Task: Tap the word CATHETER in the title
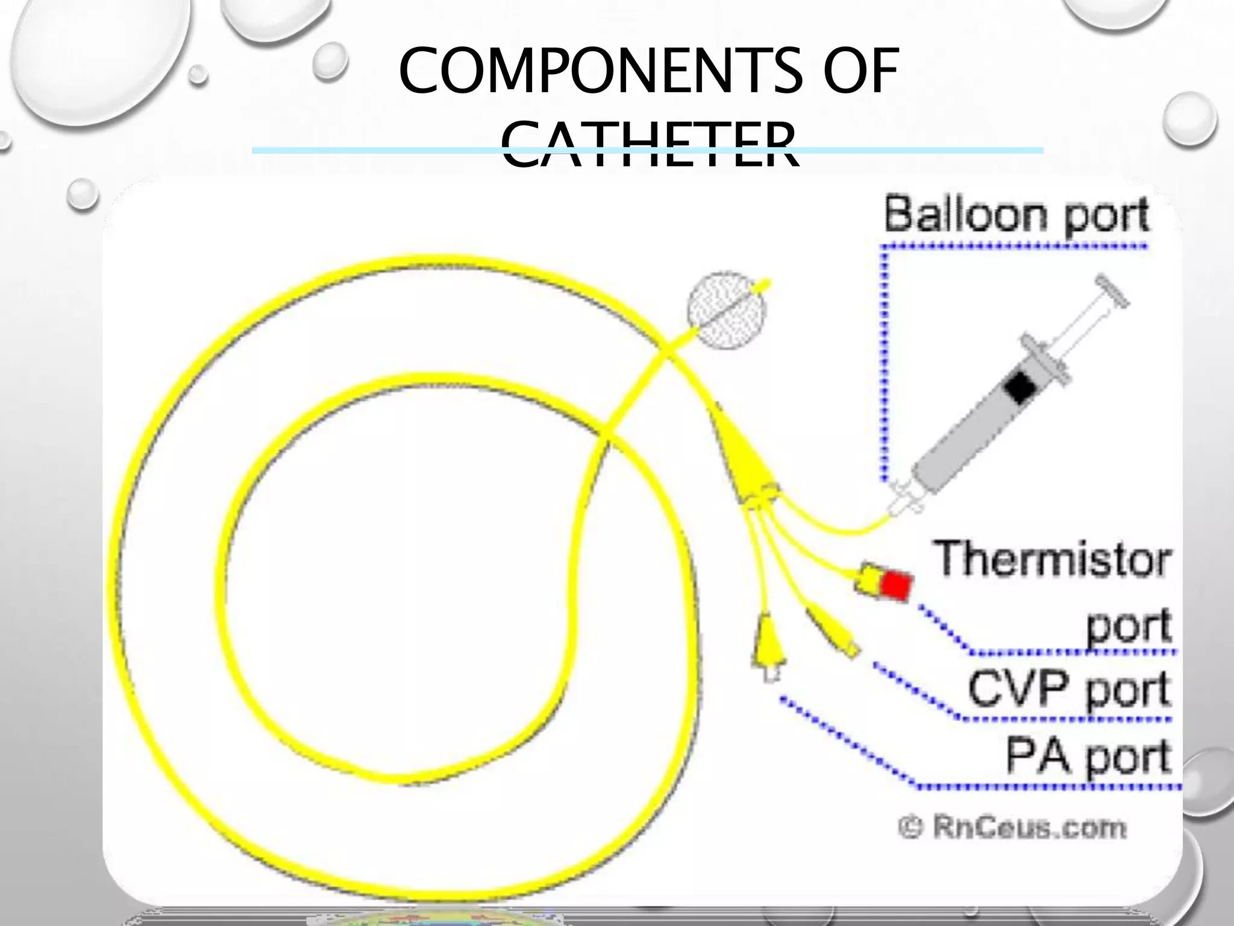coord(651,145)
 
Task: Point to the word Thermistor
coord(1052,559)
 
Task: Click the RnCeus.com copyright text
coord(1012,827)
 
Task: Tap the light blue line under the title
coord(362,150)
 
